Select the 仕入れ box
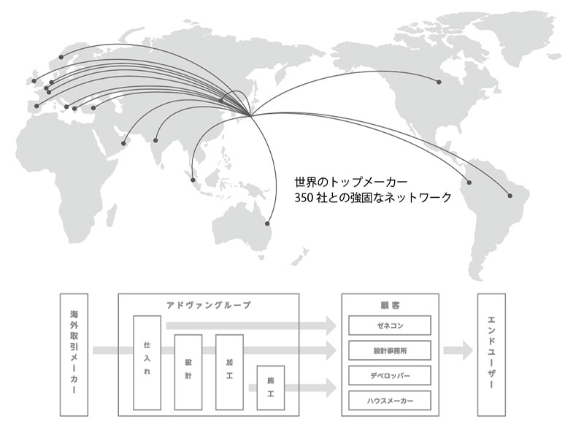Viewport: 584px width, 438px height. click(x=147, y=362)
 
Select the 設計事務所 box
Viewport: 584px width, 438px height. click(x=390, y=350)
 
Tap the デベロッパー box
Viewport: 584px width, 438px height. click(x=390, y=375)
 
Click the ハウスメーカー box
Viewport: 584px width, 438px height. click(x=390, y=400)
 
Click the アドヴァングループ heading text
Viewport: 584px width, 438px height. click(x=208, y=304)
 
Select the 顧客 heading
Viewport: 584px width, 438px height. click(x=390, y=304)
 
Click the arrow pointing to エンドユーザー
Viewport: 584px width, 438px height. click(x=457, y=350)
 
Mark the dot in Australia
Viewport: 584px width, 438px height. click(x=267, y=223)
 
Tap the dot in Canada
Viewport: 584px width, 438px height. click(x=439, y=81)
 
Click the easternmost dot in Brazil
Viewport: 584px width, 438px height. click(x=510, y=195)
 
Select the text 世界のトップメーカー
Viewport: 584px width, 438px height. click(x=350, y=180)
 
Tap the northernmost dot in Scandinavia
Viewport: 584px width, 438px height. click(x=61, y=55)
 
